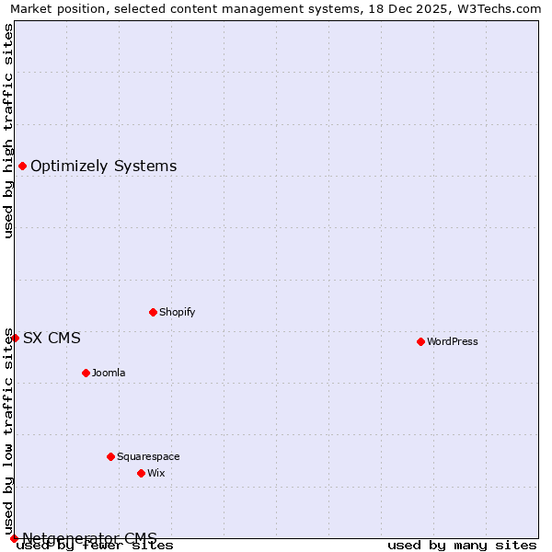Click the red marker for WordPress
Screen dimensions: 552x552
tap(420, 341)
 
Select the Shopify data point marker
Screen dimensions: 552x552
tap(153, 312)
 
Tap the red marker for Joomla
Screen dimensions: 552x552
tap(86, 373)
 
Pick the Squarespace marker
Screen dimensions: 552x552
tap(110, 456)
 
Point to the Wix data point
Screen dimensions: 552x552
tap(141, 473)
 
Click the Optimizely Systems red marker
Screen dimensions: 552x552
tap(22, 166)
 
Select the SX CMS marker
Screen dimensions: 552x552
tap(15, 338)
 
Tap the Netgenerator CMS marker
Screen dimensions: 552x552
tap(14, 538)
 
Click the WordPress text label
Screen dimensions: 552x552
tap(453, 341)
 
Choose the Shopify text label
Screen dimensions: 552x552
tap(178, 312)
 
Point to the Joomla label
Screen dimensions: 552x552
tap(109, 373)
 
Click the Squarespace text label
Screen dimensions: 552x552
tap(148, 456)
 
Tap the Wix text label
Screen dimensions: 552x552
tap(156, 473)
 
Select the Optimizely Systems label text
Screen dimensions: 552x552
tap(104, 166)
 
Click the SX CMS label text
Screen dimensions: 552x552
tap(52, 338)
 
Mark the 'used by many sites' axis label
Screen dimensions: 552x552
tap(462, 545)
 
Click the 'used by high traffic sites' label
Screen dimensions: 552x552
tap(8, 131)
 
